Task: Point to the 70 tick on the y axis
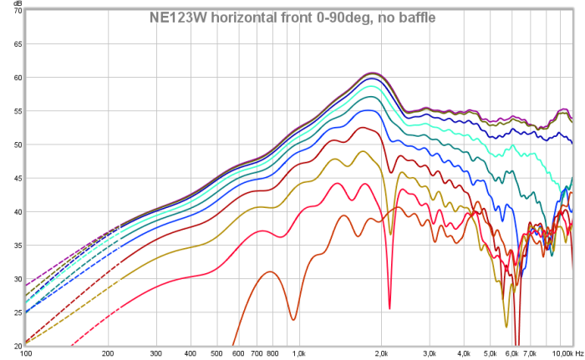[18, 11]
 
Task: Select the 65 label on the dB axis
[18, 44]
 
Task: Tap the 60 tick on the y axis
[18, 78]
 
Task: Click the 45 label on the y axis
[18, 178]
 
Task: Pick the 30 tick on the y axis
[18, 279]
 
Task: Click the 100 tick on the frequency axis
[26, 353]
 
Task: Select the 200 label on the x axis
[108, 353]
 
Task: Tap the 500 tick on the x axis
[216, 353]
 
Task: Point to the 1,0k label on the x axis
[299, 353]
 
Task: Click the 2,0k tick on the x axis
[381, 353]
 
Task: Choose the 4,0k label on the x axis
[464, 353]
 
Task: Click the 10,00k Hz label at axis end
[567, 353]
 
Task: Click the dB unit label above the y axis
[18, 3]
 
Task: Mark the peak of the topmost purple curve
[374, 73]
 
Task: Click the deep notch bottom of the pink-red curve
[389, 308]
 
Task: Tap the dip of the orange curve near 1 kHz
[293, 319]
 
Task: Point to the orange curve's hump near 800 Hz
[270, 272]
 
